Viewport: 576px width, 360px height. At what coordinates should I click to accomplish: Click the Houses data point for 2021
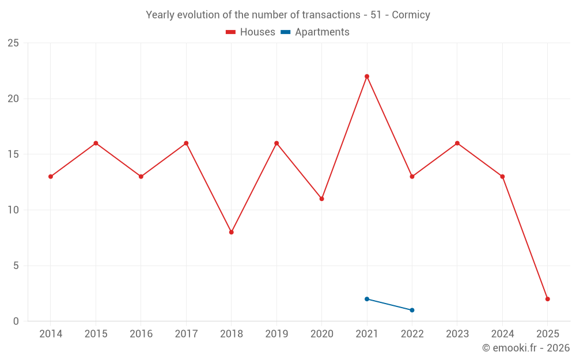tap(367, 77)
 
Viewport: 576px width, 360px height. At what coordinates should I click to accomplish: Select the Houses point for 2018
tap(231, 232)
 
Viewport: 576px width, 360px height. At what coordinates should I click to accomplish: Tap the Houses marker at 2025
tap(548, 299)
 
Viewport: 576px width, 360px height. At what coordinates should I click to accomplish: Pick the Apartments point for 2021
tap(367, 299)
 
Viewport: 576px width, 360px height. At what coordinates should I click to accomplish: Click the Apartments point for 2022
tap(412, 310)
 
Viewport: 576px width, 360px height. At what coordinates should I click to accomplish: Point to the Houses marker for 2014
tap(51, 176)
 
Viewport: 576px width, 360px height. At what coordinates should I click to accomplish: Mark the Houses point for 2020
tap(321, 199)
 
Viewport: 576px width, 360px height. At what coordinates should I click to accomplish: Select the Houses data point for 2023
tap(457, 143)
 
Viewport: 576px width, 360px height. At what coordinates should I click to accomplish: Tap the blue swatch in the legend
tap(285, 32)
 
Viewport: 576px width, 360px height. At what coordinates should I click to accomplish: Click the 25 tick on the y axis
tap(13, 43)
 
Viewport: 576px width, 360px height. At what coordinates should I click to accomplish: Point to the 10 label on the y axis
tap(13, 210)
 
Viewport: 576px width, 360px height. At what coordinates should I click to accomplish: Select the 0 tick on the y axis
tap(16, 321)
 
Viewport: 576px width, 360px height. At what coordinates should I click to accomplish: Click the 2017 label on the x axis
tap(186, 334)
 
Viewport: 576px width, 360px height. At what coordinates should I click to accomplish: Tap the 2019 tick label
tap(276, 334)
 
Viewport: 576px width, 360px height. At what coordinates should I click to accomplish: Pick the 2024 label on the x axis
tap(502, 334)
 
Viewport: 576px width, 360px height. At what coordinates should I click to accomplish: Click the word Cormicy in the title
tap(411, 15)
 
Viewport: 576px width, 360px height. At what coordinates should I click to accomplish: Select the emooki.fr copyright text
tap(526, 348)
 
